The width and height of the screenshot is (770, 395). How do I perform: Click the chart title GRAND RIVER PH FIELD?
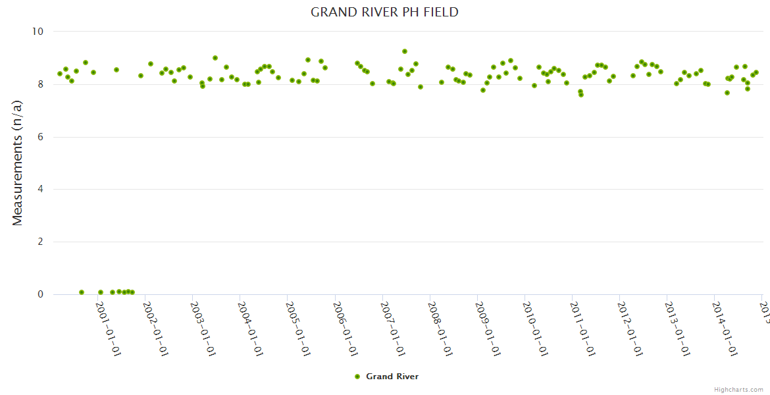tap(384, 13)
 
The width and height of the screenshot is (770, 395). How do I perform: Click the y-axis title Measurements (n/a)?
tap(18, 163)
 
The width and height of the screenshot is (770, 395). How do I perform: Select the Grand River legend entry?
tap(392, 377)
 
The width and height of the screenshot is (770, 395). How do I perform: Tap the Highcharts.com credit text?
tap(738, 390)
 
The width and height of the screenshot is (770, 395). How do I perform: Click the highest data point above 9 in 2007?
tap(405, 51)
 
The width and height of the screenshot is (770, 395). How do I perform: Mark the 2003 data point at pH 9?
tap(215, 58)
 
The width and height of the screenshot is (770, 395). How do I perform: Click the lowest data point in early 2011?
tap(581, 95)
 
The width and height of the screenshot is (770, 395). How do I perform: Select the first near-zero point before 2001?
tap(82, 292)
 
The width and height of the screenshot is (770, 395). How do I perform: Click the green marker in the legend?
tap(357, 377)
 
